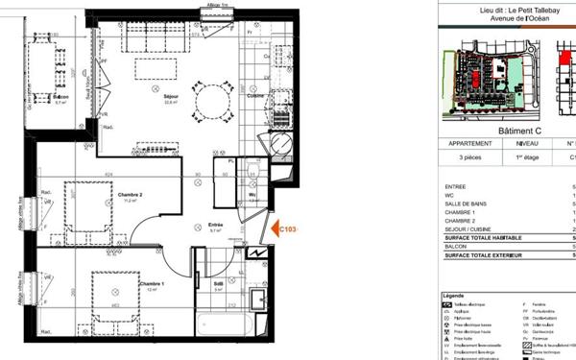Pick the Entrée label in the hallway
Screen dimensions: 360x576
point(216,226)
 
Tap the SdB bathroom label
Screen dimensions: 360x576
point(218,284)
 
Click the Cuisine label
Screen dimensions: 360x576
point(255,96)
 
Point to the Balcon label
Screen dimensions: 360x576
point(60,98)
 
